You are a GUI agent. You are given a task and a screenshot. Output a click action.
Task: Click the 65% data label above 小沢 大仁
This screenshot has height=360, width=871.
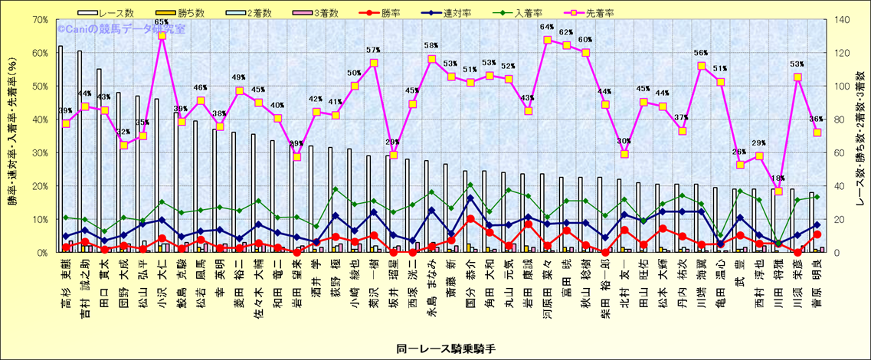coord(161,22)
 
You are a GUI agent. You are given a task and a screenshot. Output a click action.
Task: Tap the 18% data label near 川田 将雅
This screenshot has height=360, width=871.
coord(777,178)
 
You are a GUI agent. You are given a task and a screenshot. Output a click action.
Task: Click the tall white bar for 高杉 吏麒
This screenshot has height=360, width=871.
coord(61,149)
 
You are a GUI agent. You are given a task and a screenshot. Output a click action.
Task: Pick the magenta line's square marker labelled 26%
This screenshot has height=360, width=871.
coord(740,165)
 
